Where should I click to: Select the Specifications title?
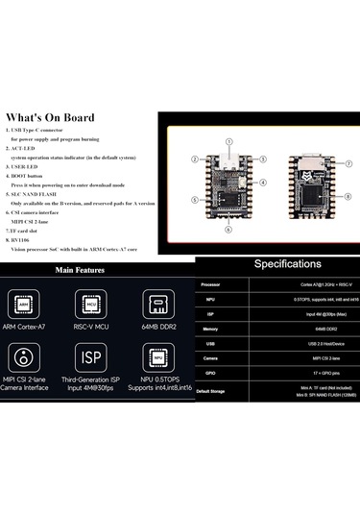(277, 263)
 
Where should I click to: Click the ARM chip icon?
(31, 305)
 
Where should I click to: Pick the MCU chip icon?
(92, 305)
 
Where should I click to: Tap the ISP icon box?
(92, 359)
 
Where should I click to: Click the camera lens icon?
(31, 359)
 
